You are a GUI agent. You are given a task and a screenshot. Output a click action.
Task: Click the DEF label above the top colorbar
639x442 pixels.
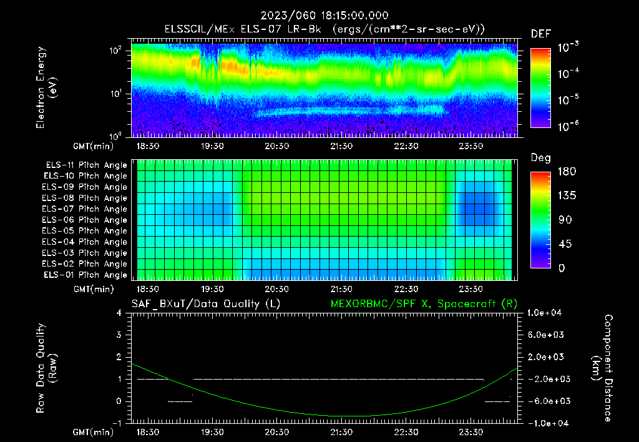[540, 34]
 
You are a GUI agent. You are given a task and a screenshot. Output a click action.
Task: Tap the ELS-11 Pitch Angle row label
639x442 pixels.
[85, 165]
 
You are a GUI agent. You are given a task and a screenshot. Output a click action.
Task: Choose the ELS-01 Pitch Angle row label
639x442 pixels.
[85, 275]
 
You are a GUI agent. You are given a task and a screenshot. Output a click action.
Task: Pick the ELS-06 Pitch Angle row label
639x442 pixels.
[85, 220]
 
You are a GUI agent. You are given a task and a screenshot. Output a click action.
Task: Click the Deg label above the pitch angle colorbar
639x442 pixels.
[540, 158]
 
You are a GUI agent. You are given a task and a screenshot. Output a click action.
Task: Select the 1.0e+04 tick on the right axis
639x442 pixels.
[547, 313]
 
